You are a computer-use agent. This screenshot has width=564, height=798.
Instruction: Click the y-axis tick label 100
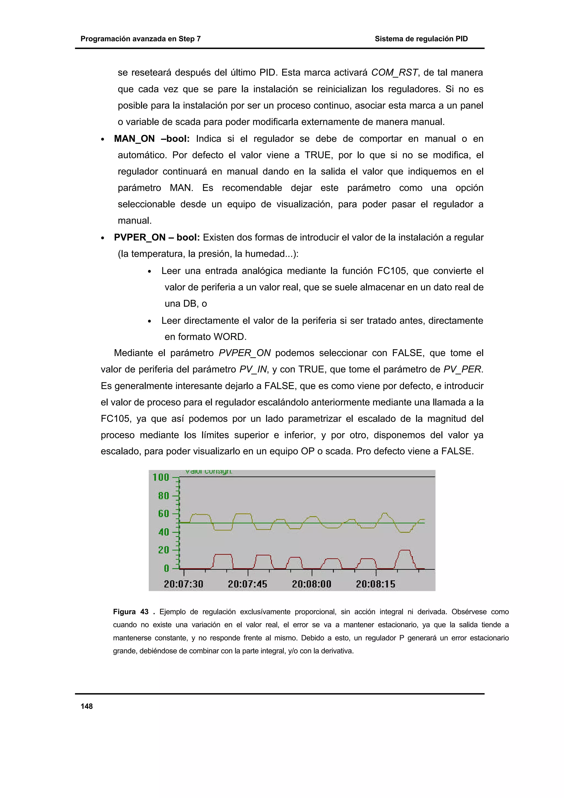pos(161,477)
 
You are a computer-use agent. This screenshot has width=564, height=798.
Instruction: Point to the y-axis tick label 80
pos(163,496)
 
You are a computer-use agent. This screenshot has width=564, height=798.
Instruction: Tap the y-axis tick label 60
pos(163,514)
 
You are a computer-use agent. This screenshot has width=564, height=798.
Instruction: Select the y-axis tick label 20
pos(163,550)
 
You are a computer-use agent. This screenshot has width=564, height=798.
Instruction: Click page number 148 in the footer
pos(86,706)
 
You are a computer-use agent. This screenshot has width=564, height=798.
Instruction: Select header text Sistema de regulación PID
pos(421,39)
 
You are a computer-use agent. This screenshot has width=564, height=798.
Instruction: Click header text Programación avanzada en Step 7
pos(140,39)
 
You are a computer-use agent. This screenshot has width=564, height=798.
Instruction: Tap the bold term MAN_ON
pos(134,139)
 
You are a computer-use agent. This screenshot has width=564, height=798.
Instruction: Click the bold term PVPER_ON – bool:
pos(157,237)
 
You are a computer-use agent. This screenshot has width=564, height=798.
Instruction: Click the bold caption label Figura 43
pos(131,612)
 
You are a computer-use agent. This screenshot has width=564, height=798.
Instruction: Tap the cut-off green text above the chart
pos(208,472)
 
